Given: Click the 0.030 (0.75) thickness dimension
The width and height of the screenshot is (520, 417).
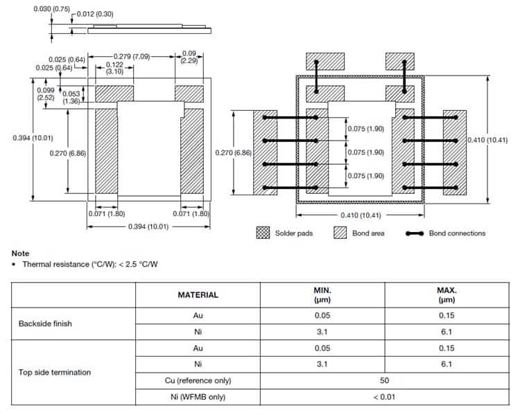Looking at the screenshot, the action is click(51, 9).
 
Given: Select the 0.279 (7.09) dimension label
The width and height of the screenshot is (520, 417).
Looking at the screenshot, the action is click(132, 57).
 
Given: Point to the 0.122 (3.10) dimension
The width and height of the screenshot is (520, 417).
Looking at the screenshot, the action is click(114, 68).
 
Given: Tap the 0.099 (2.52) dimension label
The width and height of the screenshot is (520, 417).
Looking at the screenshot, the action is click(46, 94).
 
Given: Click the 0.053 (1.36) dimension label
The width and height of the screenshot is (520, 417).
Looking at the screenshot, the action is click(71, 98).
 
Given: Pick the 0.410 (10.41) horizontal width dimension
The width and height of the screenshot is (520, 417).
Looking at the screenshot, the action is click(361, 215).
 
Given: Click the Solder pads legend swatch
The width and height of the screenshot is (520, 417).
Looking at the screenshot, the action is click(263, 233).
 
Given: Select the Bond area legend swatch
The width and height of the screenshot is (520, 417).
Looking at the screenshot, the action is click(340, 233).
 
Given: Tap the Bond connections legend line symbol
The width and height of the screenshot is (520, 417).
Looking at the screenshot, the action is click(415, 233).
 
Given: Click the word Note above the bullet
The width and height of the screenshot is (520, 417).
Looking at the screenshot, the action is click(20, 254).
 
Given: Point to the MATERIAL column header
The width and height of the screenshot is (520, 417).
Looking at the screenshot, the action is click(198, 295).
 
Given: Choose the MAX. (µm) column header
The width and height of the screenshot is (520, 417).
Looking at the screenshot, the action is click(447, 295).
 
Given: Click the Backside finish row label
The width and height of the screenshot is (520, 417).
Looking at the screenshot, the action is click(45, 323).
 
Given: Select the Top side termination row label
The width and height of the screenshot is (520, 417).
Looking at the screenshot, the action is click(55, 372).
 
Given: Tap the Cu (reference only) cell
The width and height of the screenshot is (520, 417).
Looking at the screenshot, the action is click(198, 380).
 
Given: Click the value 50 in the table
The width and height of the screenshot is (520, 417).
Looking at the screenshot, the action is click(384, 380).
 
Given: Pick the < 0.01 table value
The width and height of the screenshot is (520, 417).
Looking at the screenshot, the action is click(384, 397).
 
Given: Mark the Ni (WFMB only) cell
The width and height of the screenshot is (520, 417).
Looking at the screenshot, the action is click(198, 397).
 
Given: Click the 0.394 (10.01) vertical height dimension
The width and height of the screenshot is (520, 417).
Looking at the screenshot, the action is click(33, 138).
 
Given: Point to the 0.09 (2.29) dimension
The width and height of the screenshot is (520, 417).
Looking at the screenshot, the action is click(189, 57).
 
